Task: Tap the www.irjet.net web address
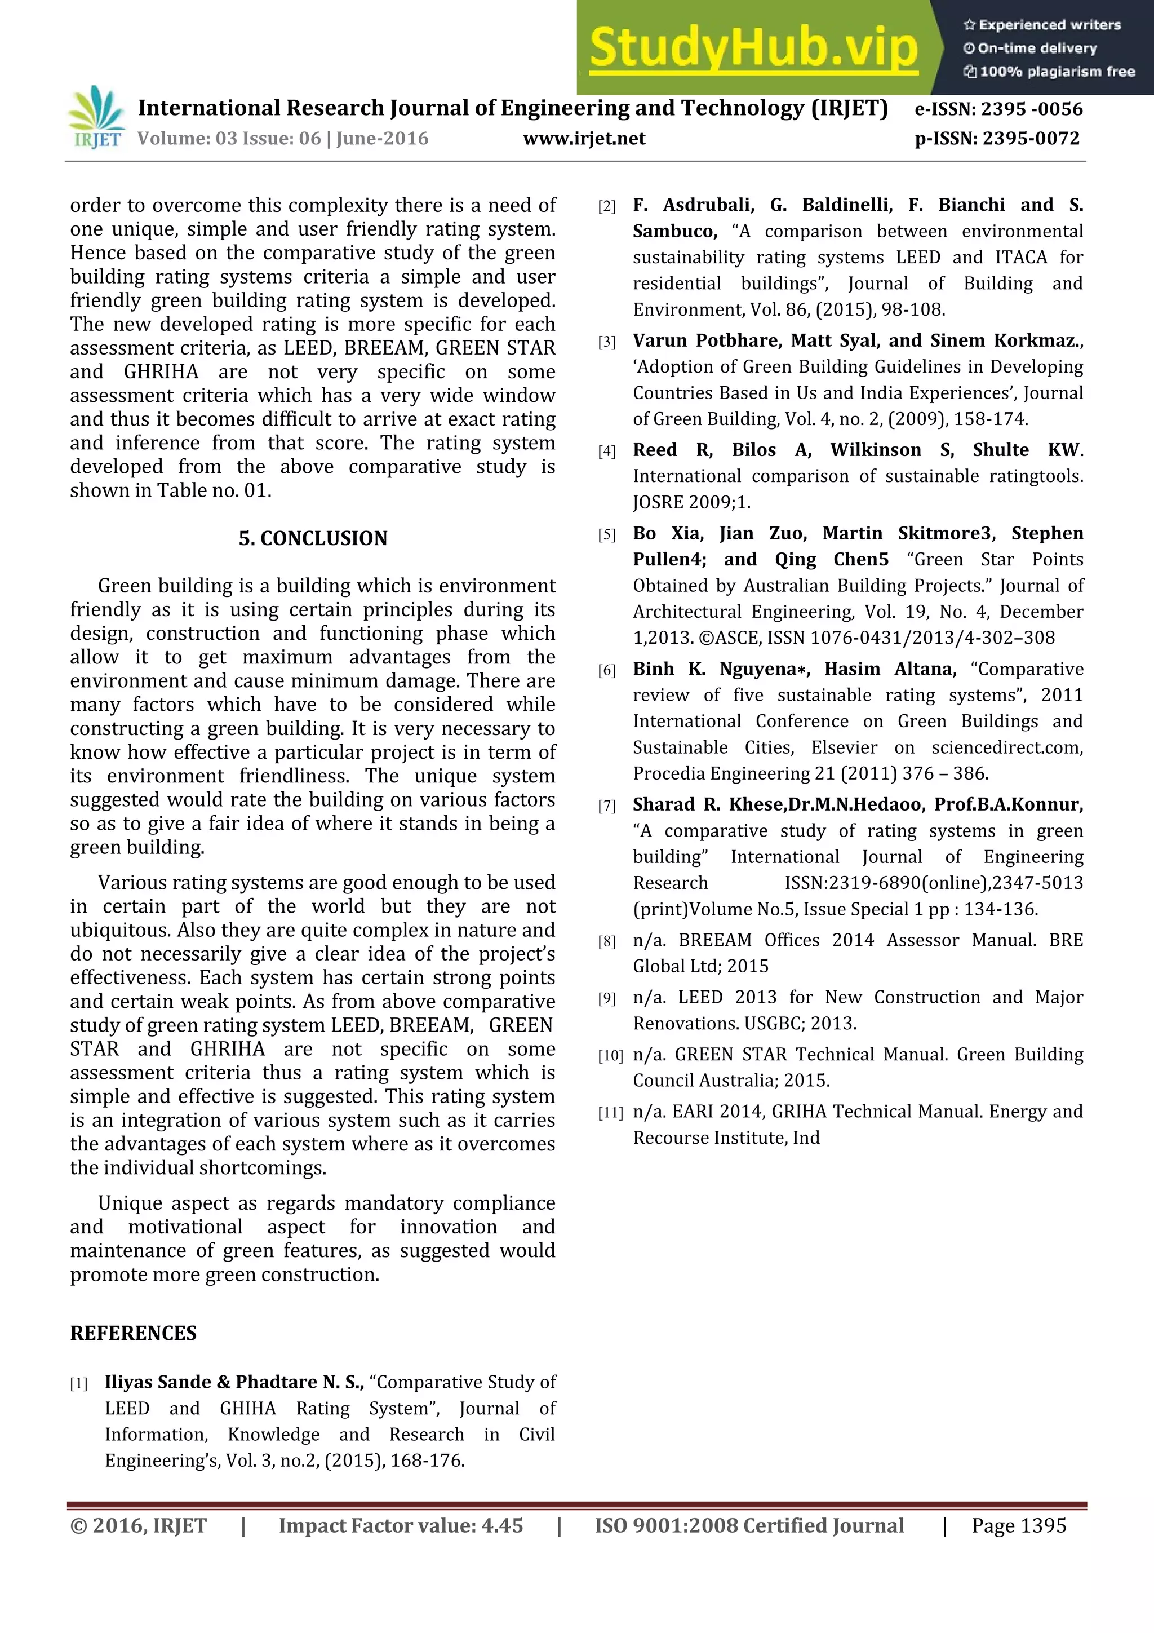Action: coord(584,139)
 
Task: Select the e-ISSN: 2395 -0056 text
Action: coord(998,109)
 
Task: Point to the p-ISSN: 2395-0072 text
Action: coord(997,139)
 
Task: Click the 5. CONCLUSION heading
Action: coord(313,538)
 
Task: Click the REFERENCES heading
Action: coord(133,1334)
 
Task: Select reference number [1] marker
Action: coord(78,1384)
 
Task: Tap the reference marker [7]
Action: coord(606,806)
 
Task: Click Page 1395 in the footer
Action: coord(1018,1525)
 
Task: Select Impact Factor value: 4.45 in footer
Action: coord(400,1525)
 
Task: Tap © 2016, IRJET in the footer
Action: coord(138,1525)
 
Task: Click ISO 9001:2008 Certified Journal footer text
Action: coord(749,1525)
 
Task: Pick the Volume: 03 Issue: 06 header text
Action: coord(282,139)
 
